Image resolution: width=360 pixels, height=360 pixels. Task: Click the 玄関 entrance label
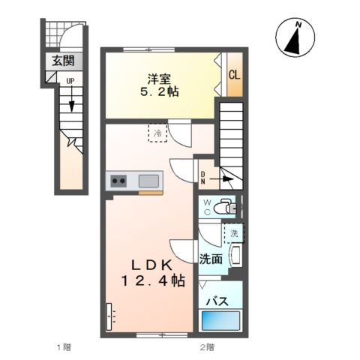64,61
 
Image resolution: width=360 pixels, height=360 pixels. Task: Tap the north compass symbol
295,37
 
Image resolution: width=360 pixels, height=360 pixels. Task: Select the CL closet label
235,74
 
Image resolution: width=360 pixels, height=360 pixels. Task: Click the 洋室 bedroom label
159,79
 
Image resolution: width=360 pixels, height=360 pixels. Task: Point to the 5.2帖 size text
159,92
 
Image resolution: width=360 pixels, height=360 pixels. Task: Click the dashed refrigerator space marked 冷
157,133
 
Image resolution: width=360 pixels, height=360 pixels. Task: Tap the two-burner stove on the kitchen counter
118,181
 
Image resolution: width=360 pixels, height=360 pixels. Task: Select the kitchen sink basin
148,181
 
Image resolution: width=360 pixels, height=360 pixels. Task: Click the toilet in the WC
225,207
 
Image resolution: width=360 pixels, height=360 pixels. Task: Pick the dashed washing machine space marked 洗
234,233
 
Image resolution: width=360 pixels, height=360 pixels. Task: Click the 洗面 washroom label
211,259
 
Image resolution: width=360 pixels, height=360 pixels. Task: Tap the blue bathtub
220,320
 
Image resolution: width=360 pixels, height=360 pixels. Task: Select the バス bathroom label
217,301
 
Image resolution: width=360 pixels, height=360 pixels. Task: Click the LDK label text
152,265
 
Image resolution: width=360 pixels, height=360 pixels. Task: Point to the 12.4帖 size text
153,281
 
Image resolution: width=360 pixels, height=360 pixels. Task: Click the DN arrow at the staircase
221,178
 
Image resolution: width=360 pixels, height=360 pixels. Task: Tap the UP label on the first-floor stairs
70,81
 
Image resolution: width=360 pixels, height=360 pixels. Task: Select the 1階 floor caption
64,347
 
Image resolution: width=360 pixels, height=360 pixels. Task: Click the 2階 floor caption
207,347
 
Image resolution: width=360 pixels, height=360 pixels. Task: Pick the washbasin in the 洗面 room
235,255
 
